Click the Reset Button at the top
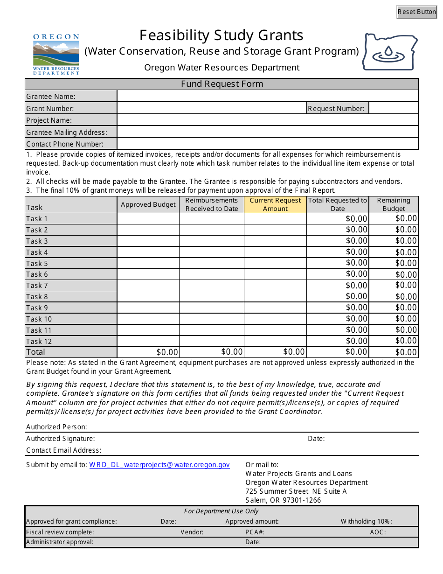click(x=416, y=12)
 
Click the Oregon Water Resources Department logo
click(x=56, y=54)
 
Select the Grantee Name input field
click(x=267, y=96)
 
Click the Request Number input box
click(x=393, y=108)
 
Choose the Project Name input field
click(x=267, y=120)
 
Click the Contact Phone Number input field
click(x=267, y=144)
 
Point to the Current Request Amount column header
click(x=275, y=204)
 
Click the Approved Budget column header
click(x=148, y=204)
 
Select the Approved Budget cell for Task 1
click(x=148, y=219)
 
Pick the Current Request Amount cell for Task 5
click(x=275, y=263)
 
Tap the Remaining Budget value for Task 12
click(x=394, y=341)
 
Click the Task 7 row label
click(x=37, y=286)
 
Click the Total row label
click(x=36, y=352)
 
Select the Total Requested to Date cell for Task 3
click(x=338, y=241)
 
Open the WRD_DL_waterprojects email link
click(x=159, y=465)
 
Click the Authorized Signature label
click(x=61, y=439)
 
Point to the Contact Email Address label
click(x=63, y=450)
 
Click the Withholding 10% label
click(x=366, y=521)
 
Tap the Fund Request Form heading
click(x=222, y=84)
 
